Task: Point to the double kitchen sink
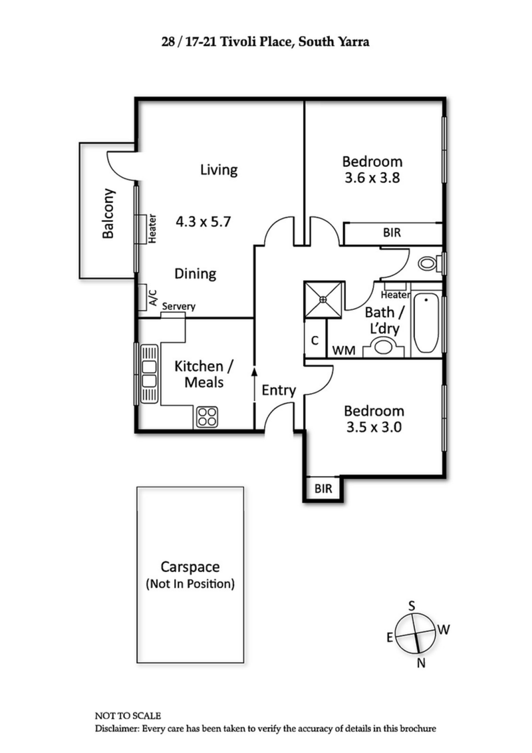(149, 374)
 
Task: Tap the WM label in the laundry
(342, 349)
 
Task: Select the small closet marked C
(315, 340)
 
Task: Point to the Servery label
(179, 307)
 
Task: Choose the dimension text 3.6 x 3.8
(372, 178)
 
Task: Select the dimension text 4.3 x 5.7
(203, 222)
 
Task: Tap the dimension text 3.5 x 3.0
(374, 428)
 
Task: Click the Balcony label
(108, 214)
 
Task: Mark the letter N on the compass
(420, 662)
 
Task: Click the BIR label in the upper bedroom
(391, 233)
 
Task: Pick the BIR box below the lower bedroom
(323, 488)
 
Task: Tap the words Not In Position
(190, 585)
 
